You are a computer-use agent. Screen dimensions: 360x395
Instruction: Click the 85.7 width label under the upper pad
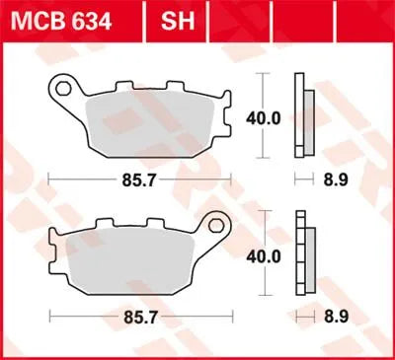(x=137, y=180)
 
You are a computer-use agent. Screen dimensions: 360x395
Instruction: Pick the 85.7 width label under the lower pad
(x=137, y=324)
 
